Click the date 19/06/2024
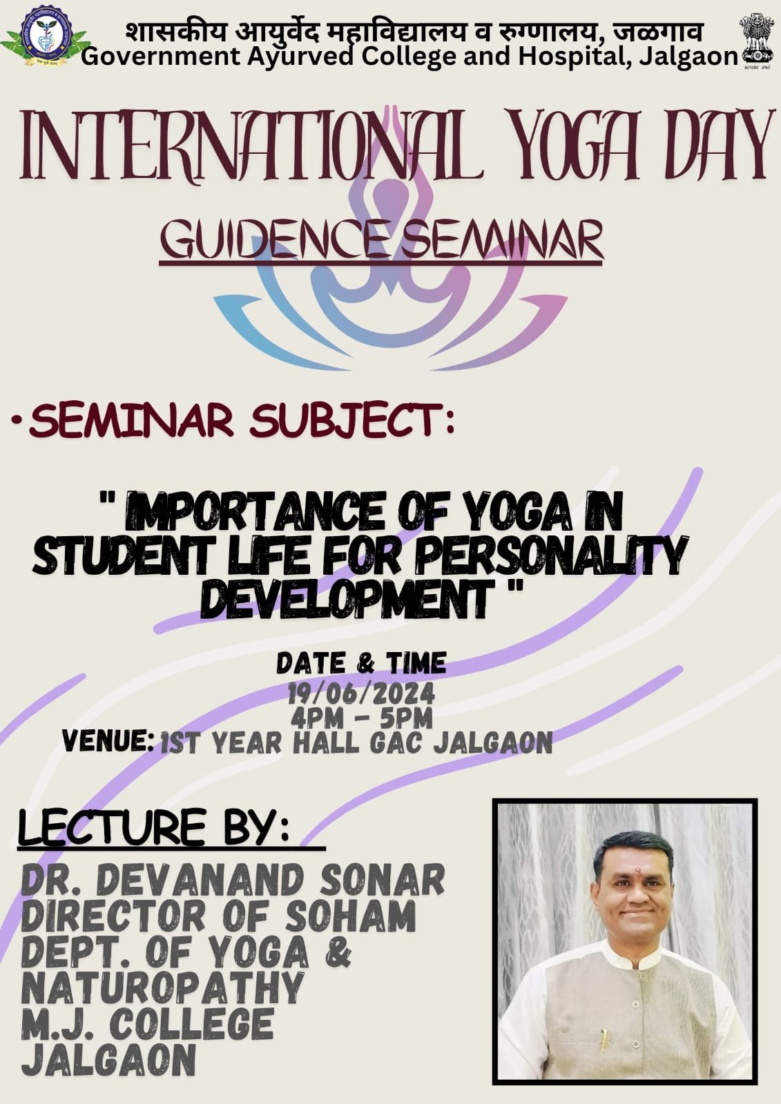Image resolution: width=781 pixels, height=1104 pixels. (x=362, y=695)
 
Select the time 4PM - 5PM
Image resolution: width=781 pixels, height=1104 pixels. (x=362, y=719)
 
